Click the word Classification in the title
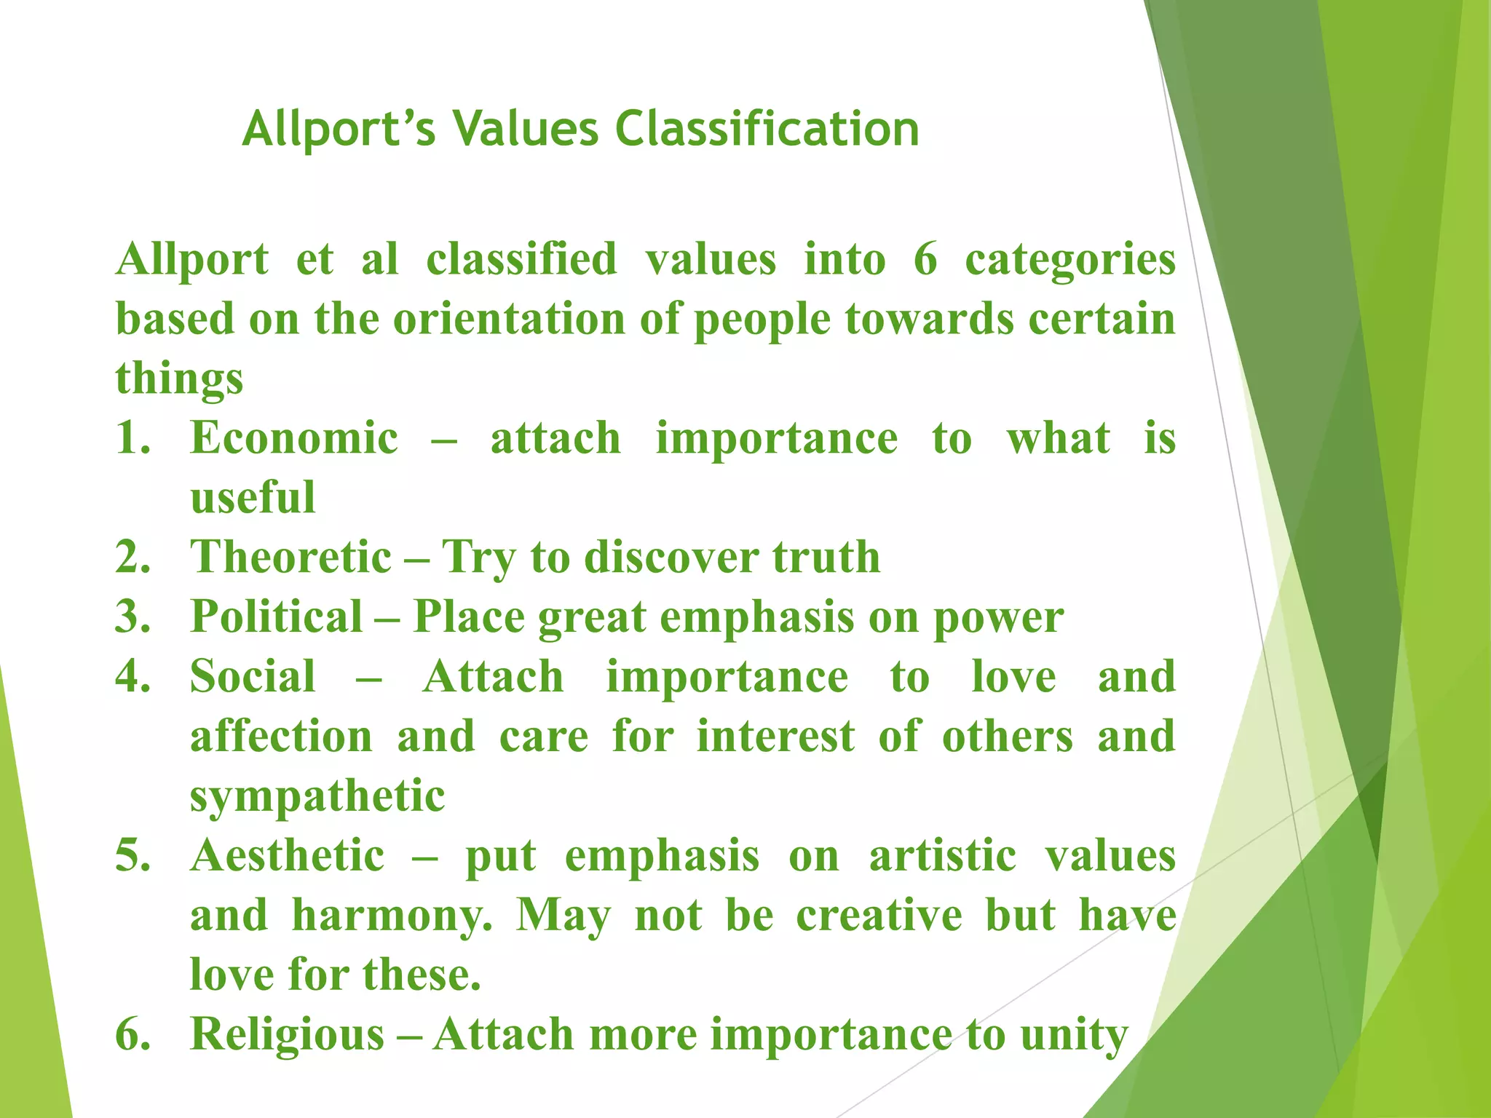(767, 130)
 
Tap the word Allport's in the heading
(339, 130)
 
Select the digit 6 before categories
(925, 259)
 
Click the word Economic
(293, 438)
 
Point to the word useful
(253, 498)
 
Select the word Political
(277, 617)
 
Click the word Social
(253, 677)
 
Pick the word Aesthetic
(288, 856)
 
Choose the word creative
(879, 916)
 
